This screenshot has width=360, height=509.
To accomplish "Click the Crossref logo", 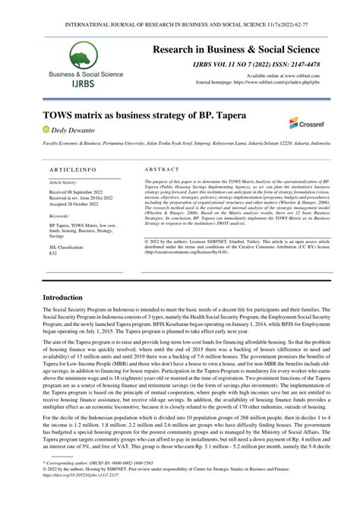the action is (304, 122).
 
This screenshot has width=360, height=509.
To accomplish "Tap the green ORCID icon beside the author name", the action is (46, 131).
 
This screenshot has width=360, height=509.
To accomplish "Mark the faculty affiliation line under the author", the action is (180, 142).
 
